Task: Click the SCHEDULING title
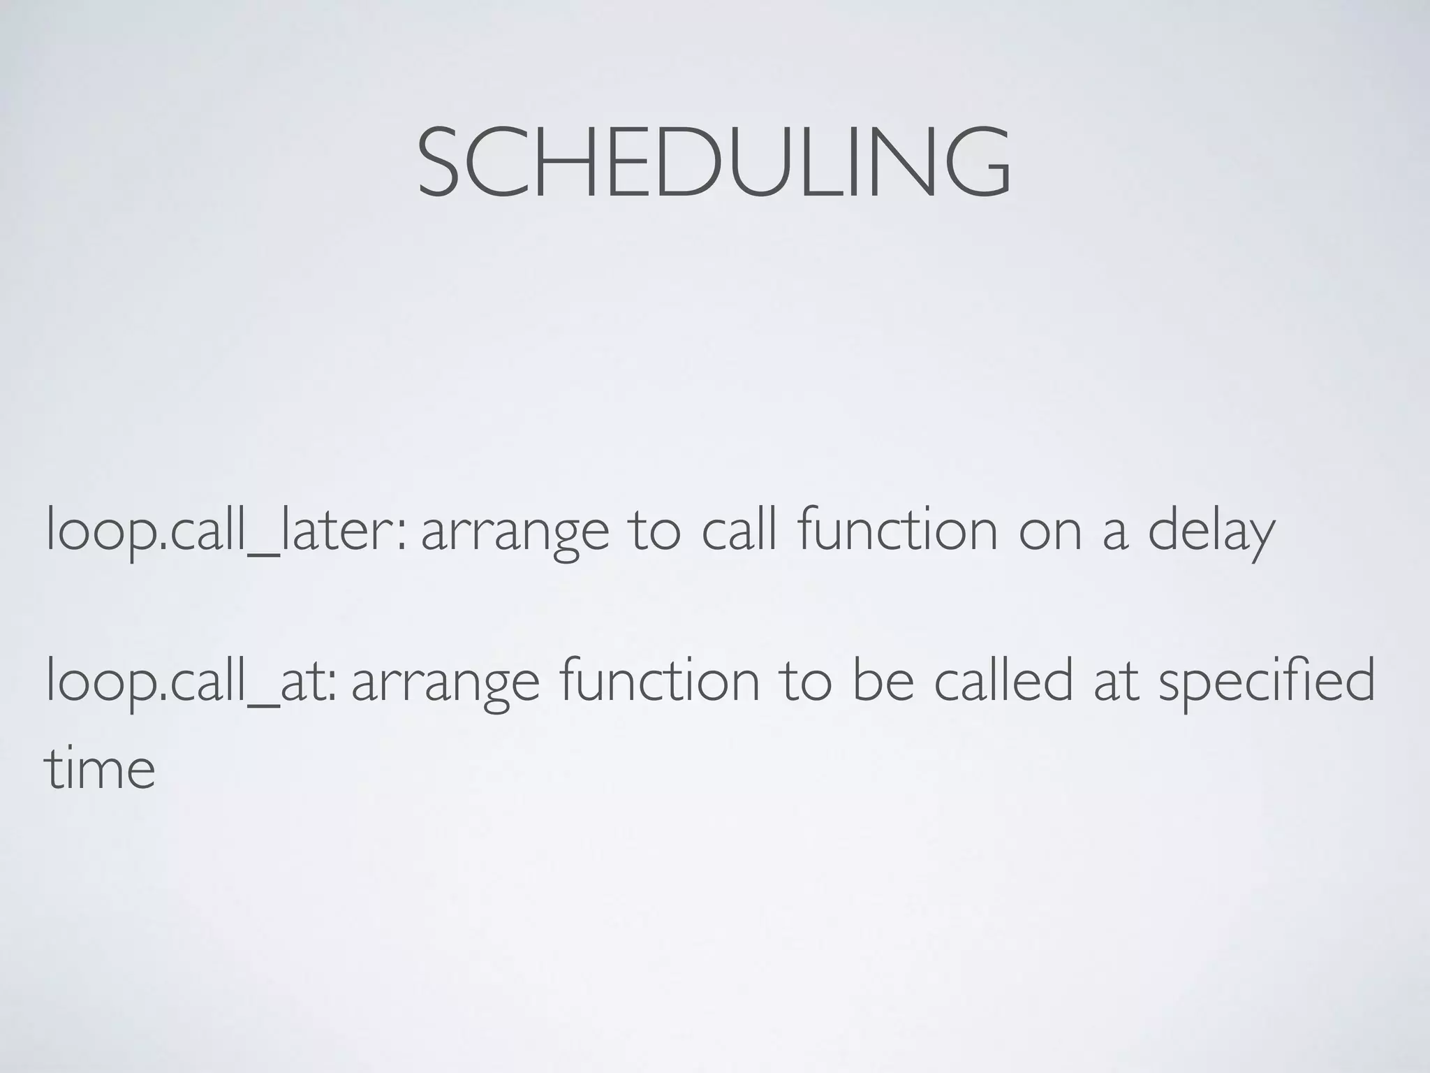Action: [714, 161]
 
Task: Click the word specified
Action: [1267, 680]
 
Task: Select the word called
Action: [1003, 680]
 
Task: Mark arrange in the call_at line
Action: [445, 682]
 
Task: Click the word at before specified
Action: [1116, 680]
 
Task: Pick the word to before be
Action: [806, 680]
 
